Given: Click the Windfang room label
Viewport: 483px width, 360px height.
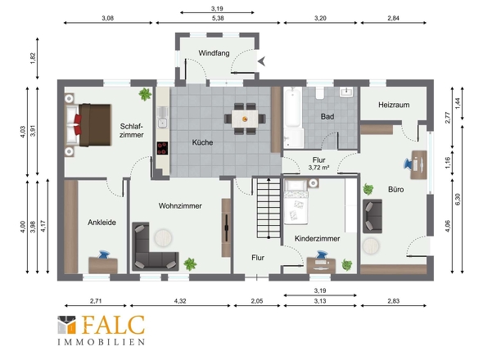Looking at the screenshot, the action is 214,53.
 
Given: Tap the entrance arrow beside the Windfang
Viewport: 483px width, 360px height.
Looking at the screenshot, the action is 262,61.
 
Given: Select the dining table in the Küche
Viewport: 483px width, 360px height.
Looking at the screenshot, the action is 245,119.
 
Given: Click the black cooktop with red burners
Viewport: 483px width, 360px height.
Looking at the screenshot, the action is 162,148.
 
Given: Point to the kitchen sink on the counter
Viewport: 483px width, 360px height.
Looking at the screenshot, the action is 162,117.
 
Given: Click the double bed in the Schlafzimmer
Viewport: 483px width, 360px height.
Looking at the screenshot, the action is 88,124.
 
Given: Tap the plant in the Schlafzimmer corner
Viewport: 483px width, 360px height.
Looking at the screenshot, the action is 145,94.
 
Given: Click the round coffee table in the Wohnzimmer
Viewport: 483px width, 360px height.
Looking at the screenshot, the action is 163,238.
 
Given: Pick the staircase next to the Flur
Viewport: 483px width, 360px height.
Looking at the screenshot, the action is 269,208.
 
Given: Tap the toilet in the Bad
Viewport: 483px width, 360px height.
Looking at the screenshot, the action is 320,92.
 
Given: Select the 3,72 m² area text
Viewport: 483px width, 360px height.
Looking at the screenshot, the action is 318,168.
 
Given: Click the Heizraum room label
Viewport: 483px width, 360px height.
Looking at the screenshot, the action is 394,105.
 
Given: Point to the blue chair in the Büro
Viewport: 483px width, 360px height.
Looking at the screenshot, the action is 409,164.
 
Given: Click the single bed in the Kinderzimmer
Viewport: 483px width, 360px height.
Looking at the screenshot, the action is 296,202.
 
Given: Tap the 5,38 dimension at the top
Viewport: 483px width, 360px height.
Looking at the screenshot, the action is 218,18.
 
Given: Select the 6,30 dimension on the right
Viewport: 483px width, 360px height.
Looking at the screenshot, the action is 458,200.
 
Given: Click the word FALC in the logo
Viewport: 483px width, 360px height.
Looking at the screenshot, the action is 113,325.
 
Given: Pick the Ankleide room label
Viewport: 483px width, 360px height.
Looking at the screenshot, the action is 102,223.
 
